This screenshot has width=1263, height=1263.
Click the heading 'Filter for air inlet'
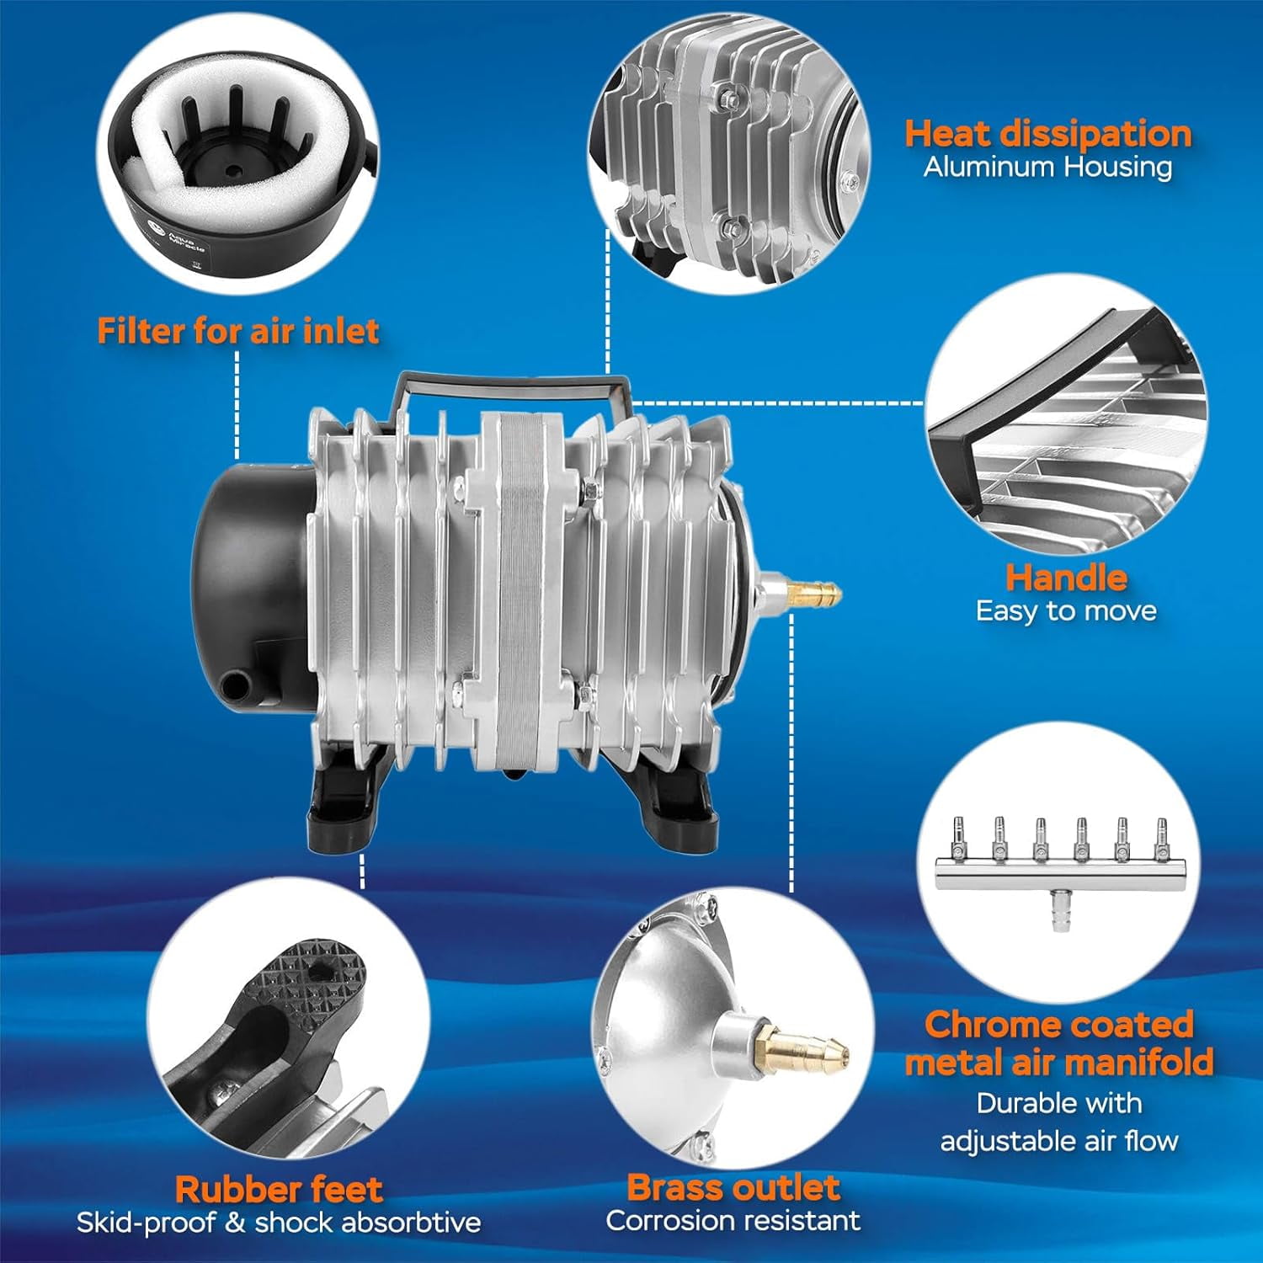point(238,331)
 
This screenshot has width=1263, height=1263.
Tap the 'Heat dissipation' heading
point(1048,134)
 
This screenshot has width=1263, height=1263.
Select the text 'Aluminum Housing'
point(1047,167)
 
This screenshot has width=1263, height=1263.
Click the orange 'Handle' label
point(1066,578)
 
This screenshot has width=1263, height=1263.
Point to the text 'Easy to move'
point(1066,610)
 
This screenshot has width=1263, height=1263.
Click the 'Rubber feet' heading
point(279,1189)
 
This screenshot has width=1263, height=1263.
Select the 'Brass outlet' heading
point(733,1187)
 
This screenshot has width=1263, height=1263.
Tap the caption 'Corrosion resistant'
point(733,1220)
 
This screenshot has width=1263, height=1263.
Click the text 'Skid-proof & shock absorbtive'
point(279,1222)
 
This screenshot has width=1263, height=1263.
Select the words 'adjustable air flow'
point(1058,1141)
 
